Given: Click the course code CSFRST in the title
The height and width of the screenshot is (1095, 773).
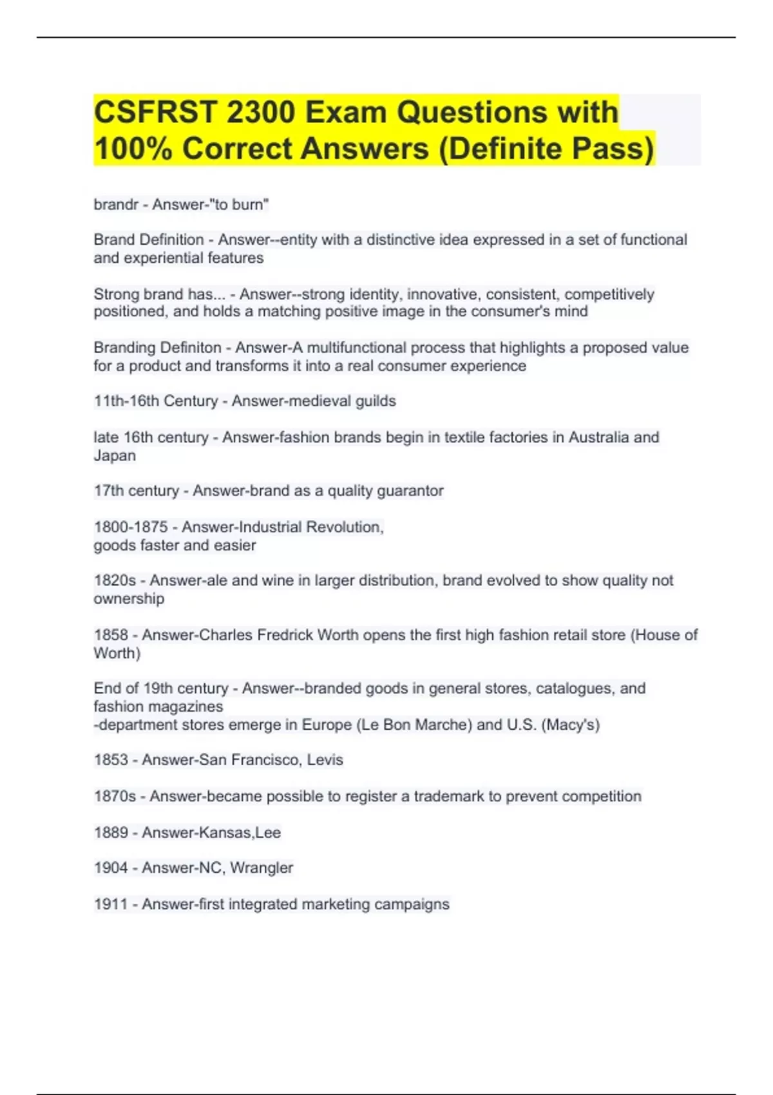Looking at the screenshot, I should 154,112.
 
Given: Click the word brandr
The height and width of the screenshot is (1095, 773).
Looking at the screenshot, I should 116,205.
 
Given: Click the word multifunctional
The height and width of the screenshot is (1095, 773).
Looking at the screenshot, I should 356,348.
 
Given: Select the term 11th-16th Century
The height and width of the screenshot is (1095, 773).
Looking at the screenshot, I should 156,401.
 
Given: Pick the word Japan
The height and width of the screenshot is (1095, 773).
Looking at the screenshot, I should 115,456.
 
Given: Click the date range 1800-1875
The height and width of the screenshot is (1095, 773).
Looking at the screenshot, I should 131,527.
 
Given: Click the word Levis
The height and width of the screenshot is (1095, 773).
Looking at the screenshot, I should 325,760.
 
